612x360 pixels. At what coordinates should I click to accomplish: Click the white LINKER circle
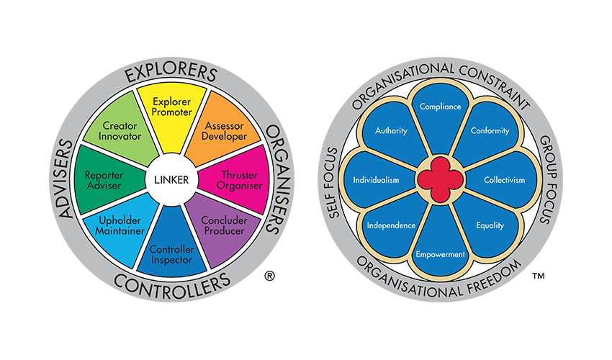click(171, 179)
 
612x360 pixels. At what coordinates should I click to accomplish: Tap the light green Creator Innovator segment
click(121, 132)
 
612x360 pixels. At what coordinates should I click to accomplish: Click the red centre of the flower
click(439, 179)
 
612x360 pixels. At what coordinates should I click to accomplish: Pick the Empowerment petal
click(439, 252)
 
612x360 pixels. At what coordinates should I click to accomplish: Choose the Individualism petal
click(376, 179)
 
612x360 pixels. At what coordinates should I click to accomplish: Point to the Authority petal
click(392, 131)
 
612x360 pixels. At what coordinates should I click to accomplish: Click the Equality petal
click(490, 225)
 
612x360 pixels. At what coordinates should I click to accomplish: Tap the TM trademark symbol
click(537, 276)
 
